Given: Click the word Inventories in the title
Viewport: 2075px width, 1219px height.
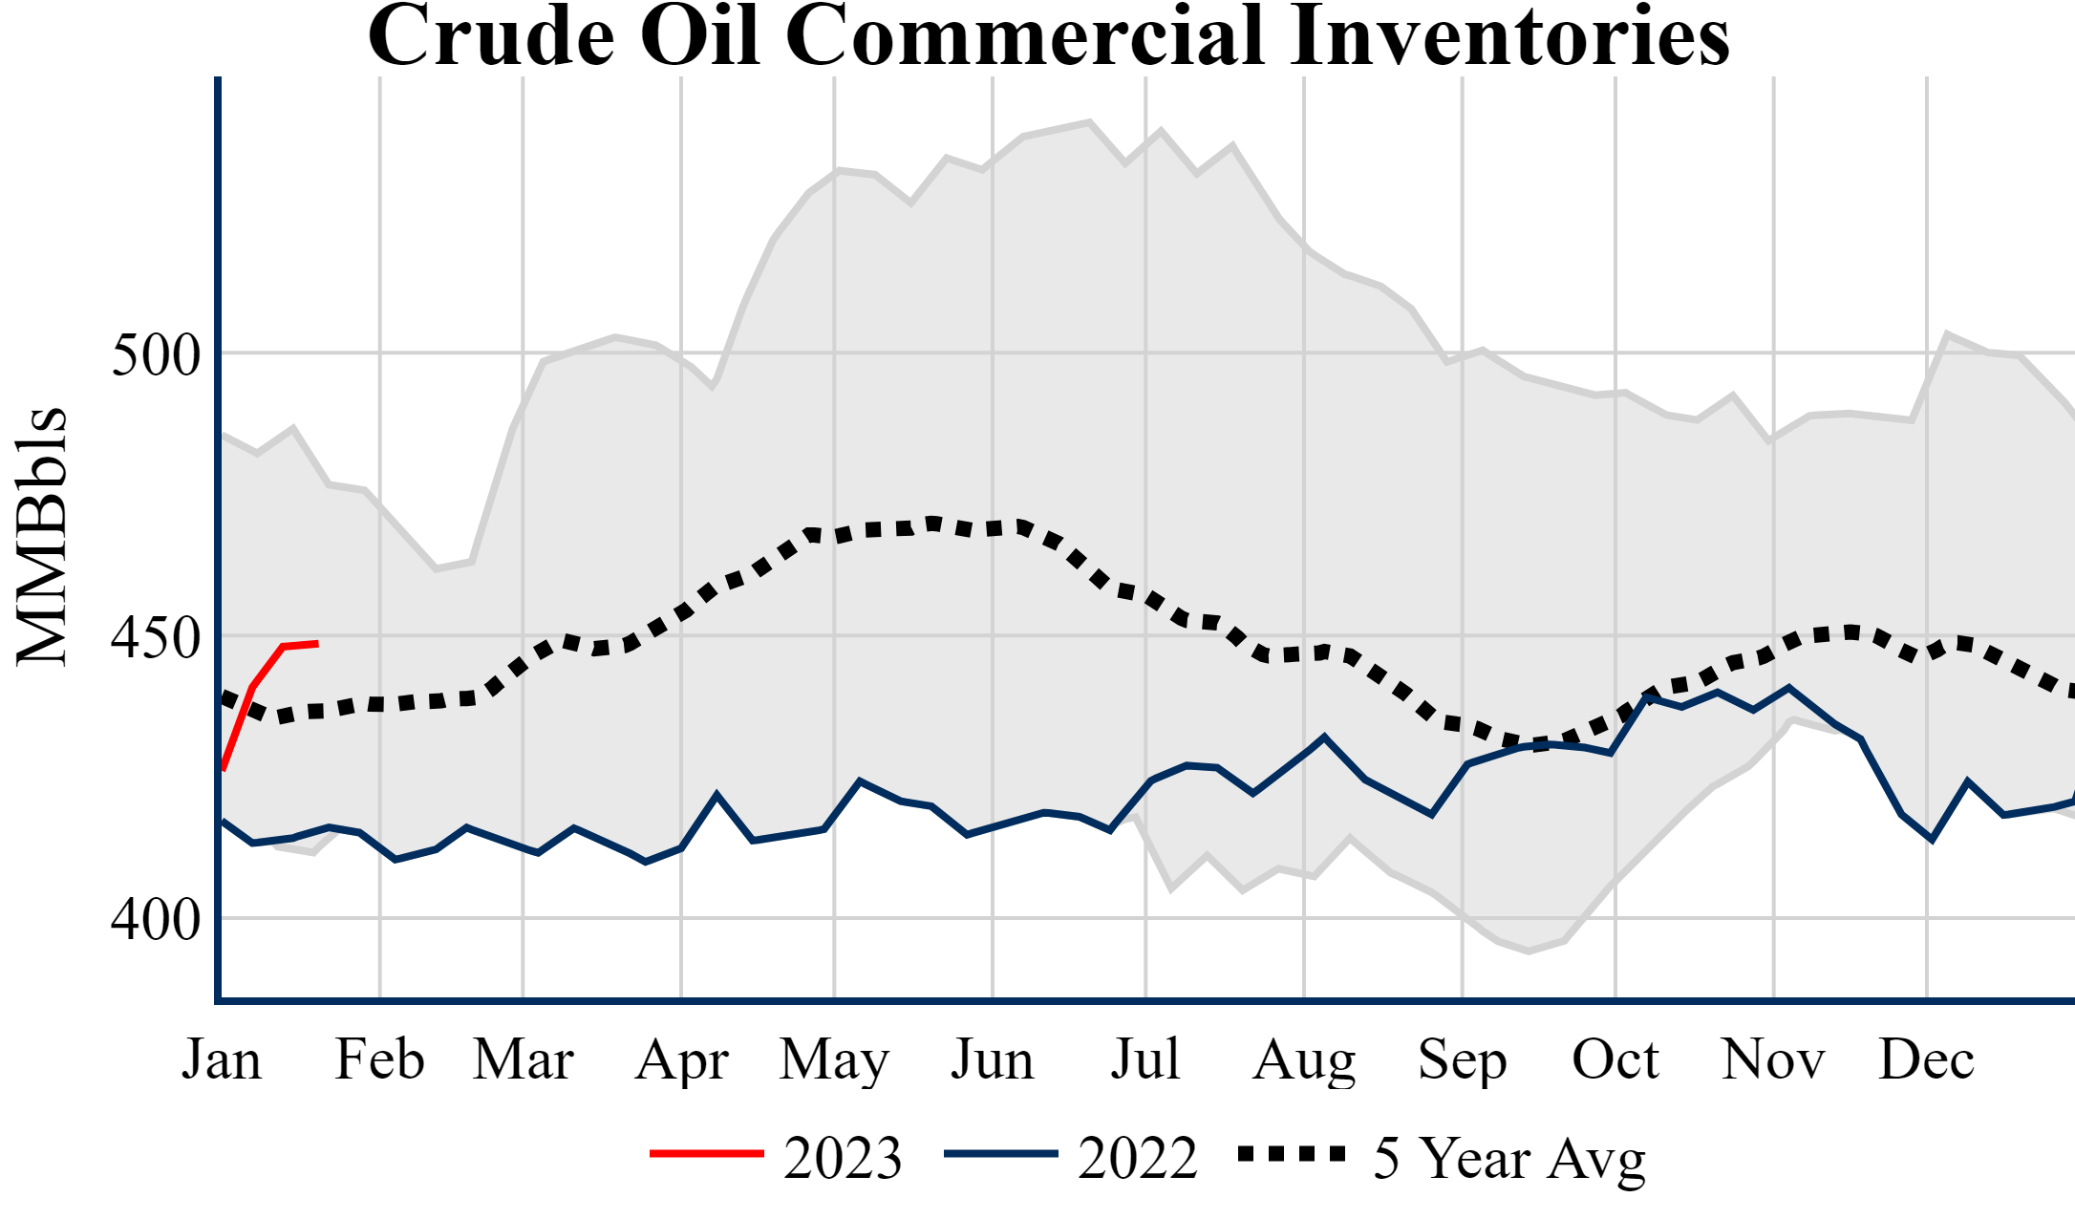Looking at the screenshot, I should [1509, 36].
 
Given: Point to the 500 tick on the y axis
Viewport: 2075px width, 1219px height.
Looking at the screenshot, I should [156, 355].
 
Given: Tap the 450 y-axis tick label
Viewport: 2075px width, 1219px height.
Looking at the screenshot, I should [156, 637].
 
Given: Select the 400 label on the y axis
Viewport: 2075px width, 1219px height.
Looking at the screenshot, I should [156, 920].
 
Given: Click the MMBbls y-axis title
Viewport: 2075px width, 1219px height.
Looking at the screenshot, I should [42, 536].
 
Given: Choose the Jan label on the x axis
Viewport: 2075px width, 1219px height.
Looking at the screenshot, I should [222, 1059].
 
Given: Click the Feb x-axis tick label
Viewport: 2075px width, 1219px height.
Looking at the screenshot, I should [379, 1059].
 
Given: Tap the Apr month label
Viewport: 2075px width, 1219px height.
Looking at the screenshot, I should [681, 1059].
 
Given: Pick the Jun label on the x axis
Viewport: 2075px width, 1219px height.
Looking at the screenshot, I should [992, 1059].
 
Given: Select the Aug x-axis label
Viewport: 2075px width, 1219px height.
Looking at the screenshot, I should [1304, 1059].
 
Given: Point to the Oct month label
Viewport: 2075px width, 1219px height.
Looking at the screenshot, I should [1615, 1059].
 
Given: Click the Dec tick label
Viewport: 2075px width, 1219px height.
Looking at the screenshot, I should [1926, 1059].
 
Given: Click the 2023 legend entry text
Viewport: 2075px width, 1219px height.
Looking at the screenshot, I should [843, 1158].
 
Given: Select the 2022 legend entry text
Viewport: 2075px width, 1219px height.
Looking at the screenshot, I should [1137, 1158].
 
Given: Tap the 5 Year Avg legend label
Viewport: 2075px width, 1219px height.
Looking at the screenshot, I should [1509, 1158].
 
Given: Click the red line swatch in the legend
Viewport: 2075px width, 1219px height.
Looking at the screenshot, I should [707, 1154].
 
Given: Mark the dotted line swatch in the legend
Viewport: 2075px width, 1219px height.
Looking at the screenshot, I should [1292, 1154].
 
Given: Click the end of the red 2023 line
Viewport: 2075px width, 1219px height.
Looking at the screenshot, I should [316, 644].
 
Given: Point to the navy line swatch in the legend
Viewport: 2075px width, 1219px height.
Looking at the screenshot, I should [1000, 1154].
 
